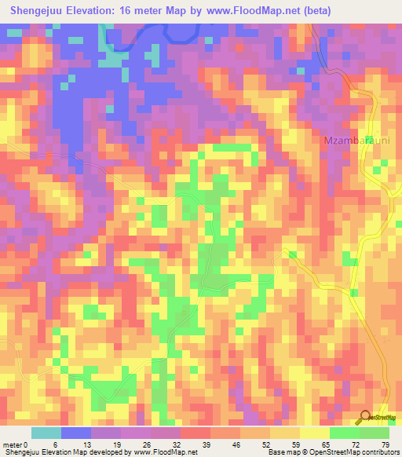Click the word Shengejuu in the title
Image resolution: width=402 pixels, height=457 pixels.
tap(37, 11)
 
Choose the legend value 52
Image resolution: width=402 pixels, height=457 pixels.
tap(270, 445)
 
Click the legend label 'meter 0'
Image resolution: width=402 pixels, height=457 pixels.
tap(16, 445)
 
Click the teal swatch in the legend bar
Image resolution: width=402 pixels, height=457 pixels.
tap(46, 433)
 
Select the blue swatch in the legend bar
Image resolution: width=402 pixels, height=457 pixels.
tap(76, 433)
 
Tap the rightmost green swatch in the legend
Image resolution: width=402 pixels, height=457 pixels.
tap(375, 433)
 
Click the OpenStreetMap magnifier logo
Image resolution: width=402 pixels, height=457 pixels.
tap(366, 417)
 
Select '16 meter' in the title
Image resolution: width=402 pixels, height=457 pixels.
tap(144, 11)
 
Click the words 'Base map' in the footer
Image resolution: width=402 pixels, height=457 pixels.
tap(280, 453)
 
